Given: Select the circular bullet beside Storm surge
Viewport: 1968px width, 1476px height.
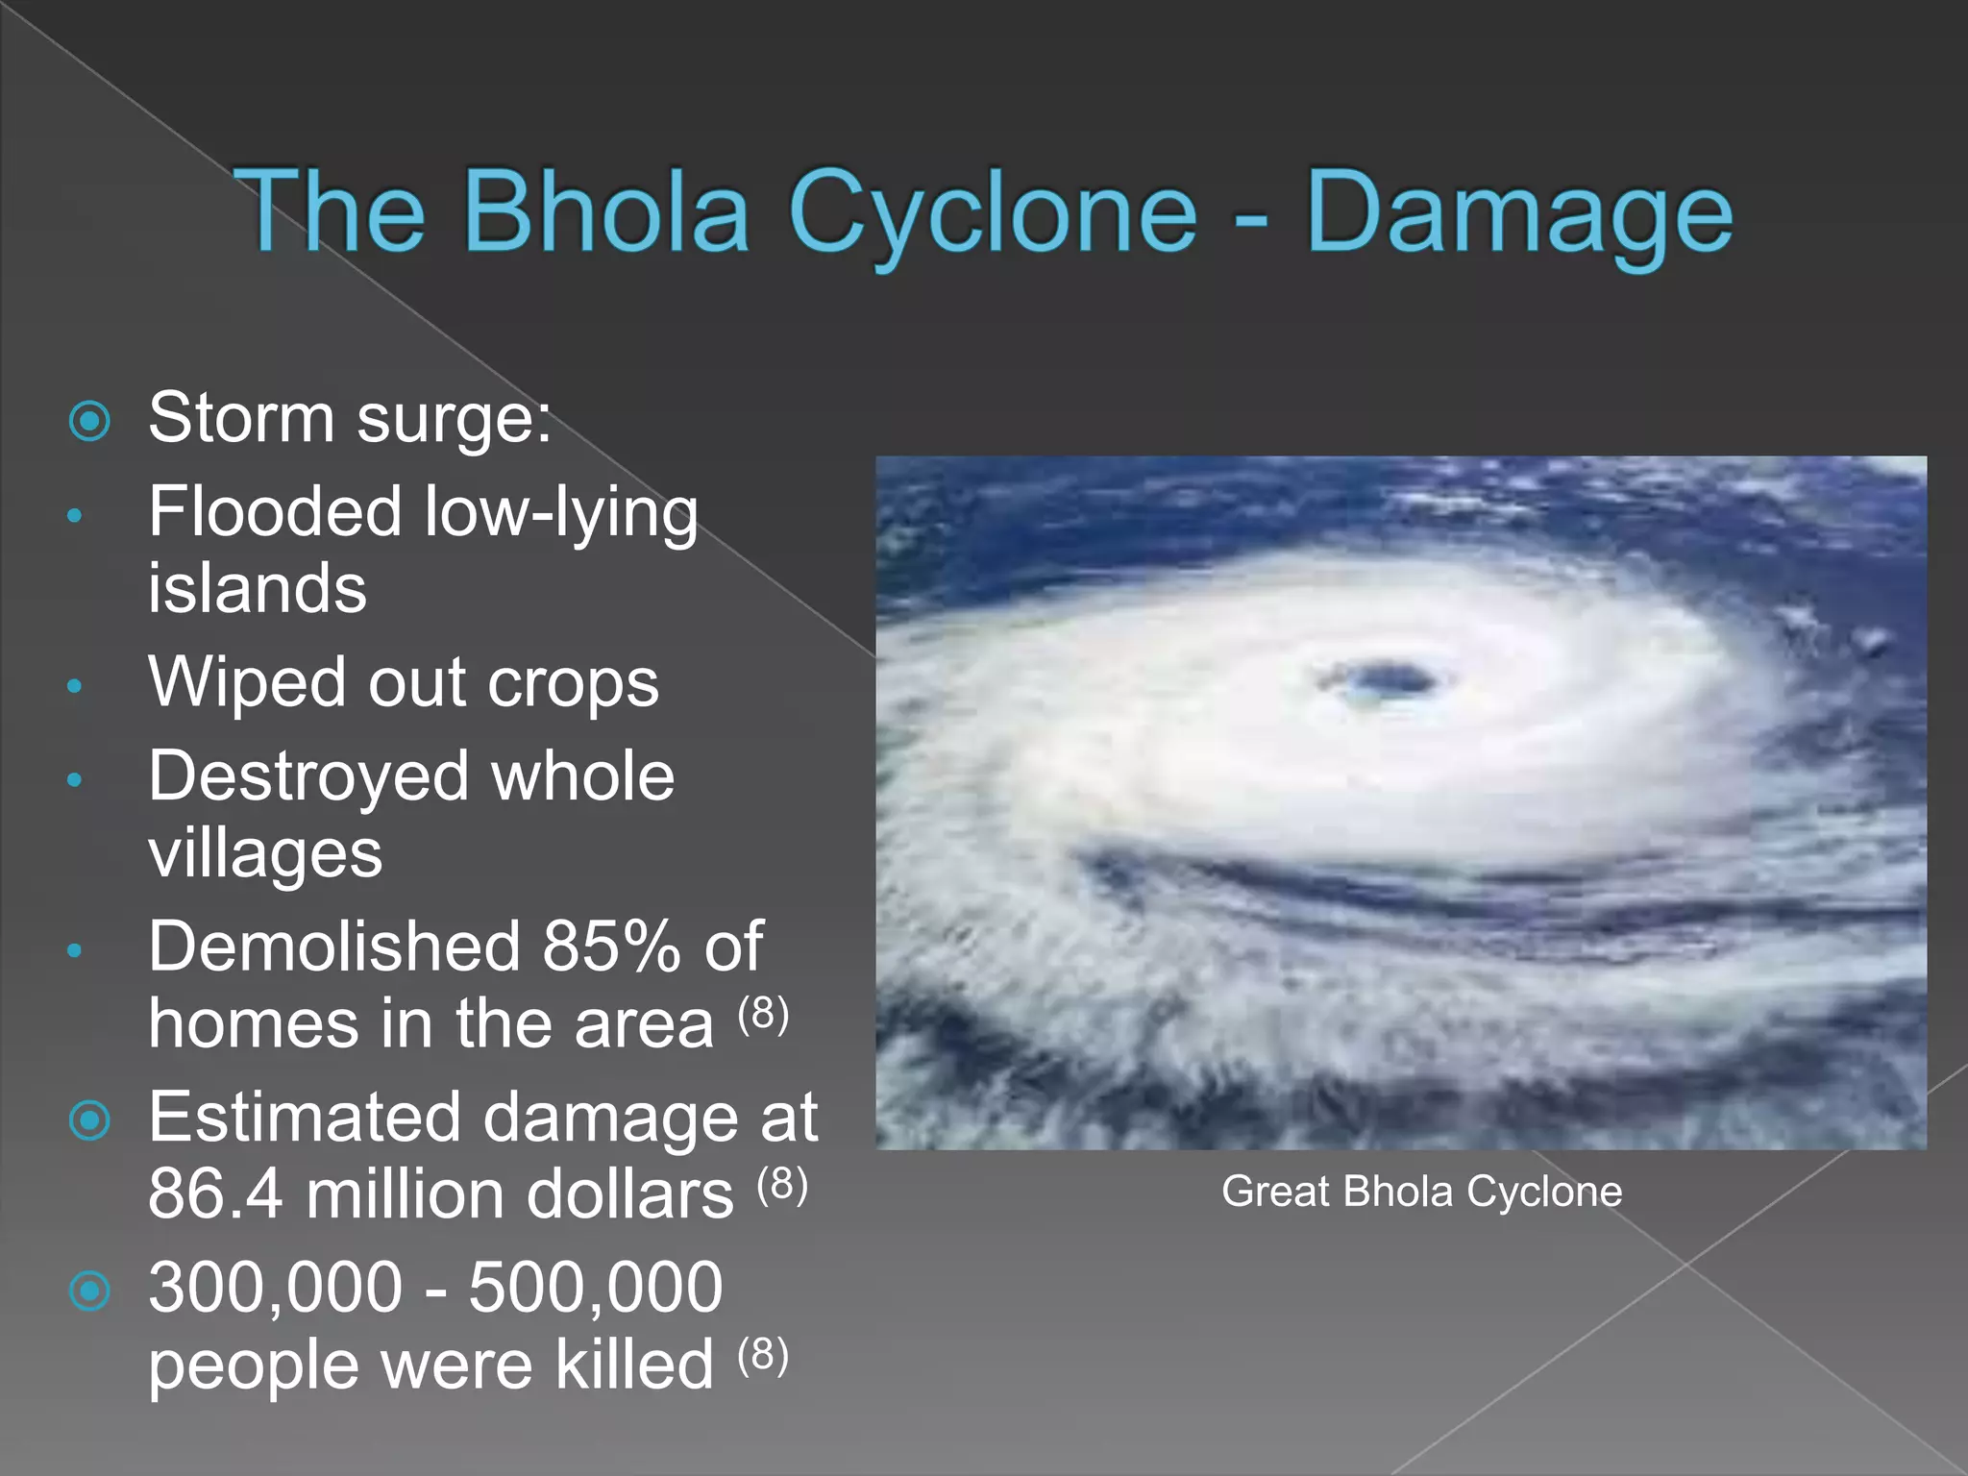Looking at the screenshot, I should [90, 421].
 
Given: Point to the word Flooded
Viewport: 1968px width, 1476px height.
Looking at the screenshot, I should [275, 511].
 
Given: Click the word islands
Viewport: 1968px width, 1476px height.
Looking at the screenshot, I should [258, 588].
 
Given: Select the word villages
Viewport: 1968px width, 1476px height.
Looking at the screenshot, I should [265, 853].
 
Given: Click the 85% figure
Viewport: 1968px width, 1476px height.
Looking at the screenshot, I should [611, 947].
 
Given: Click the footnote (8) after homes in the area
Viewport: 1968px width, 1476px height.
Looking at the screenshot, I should [764, 1013].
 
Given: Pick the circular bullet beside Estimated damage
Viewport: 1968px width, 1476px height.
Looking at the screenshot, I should [90, 1120].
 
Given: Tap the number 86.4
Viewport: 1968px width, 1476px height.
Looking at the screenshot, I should [215, 1194].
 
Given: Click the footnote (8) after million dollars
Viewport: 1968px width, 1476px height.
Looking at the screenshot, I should [782, 1184].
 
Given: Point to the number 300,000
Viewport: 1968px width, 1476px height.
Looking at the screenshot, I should [275, 1288].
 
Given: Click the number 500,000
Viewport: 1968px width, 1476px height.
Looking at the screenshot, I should [596, 1288].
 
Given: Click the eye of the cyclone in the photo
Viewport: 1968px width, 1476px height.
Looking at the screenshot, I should [1388, 680].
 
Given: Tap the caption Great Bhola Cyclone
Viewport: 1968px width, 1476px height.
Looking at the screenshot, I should [1421, 1192].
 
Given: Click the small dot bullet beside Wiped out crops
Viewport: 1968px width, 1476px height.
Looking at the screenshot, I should [75, 686].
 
